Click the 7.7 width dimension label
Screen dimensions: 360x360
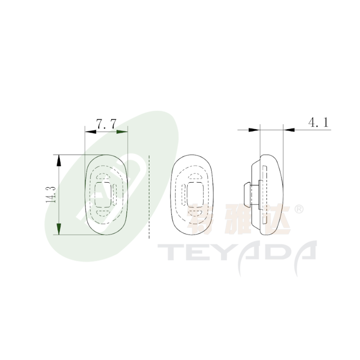tap(106, 124)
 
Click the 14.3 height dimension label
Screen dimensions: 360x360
tap(51, 195)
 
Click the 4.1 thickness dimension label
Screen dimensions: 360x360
tap(319, 122)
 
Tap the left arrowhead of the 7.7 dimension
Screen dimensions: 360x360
tap(90, 132)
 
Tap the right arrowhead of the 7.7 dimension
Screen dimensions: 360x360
tap(122, 132)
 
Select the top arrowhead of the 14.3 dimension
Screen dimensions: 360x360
tap(59, 161)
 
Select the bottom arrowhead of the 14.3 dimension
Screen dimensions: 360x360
tap(59, 229)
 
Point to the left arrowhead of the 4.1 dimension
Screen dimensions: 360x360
tap(254, 130)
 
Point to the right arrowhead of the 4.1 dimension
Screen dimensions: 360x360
tap(289, 130)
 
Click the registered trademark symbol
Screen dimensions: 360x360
tap(299, 209)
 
